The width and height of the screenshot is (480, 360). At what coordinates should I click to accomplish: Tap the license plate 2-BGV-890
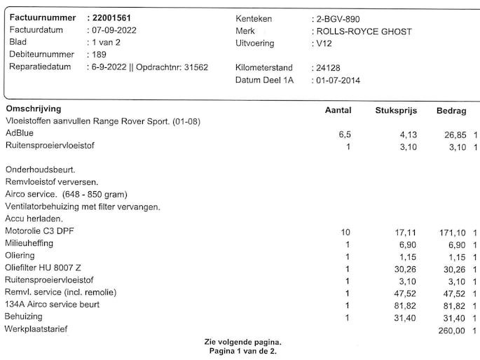[x=341, y=19]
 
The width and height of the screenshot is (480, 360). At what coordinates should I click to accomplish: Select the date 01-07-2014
[x=340, y=81]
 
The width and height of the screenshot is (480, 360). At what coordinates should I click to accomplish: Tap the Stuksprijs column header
[x=397, y=111]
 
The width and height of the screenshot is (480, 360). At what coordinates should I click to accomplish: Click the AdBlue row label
[x=20, y=133]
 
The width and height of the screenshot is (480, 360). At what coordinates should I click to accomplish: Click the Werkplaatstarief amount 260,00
[x=451, y=330]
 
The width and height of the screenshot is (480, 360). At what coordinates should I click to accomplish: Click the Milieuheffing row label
[x=29, y=244]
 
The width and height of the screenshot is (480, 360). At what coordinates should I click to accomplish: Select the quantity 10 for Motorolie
[x=345, y=232]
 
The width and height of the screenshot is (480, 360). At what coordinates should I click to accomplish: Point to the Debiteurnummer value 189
[x=100, y=55]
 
